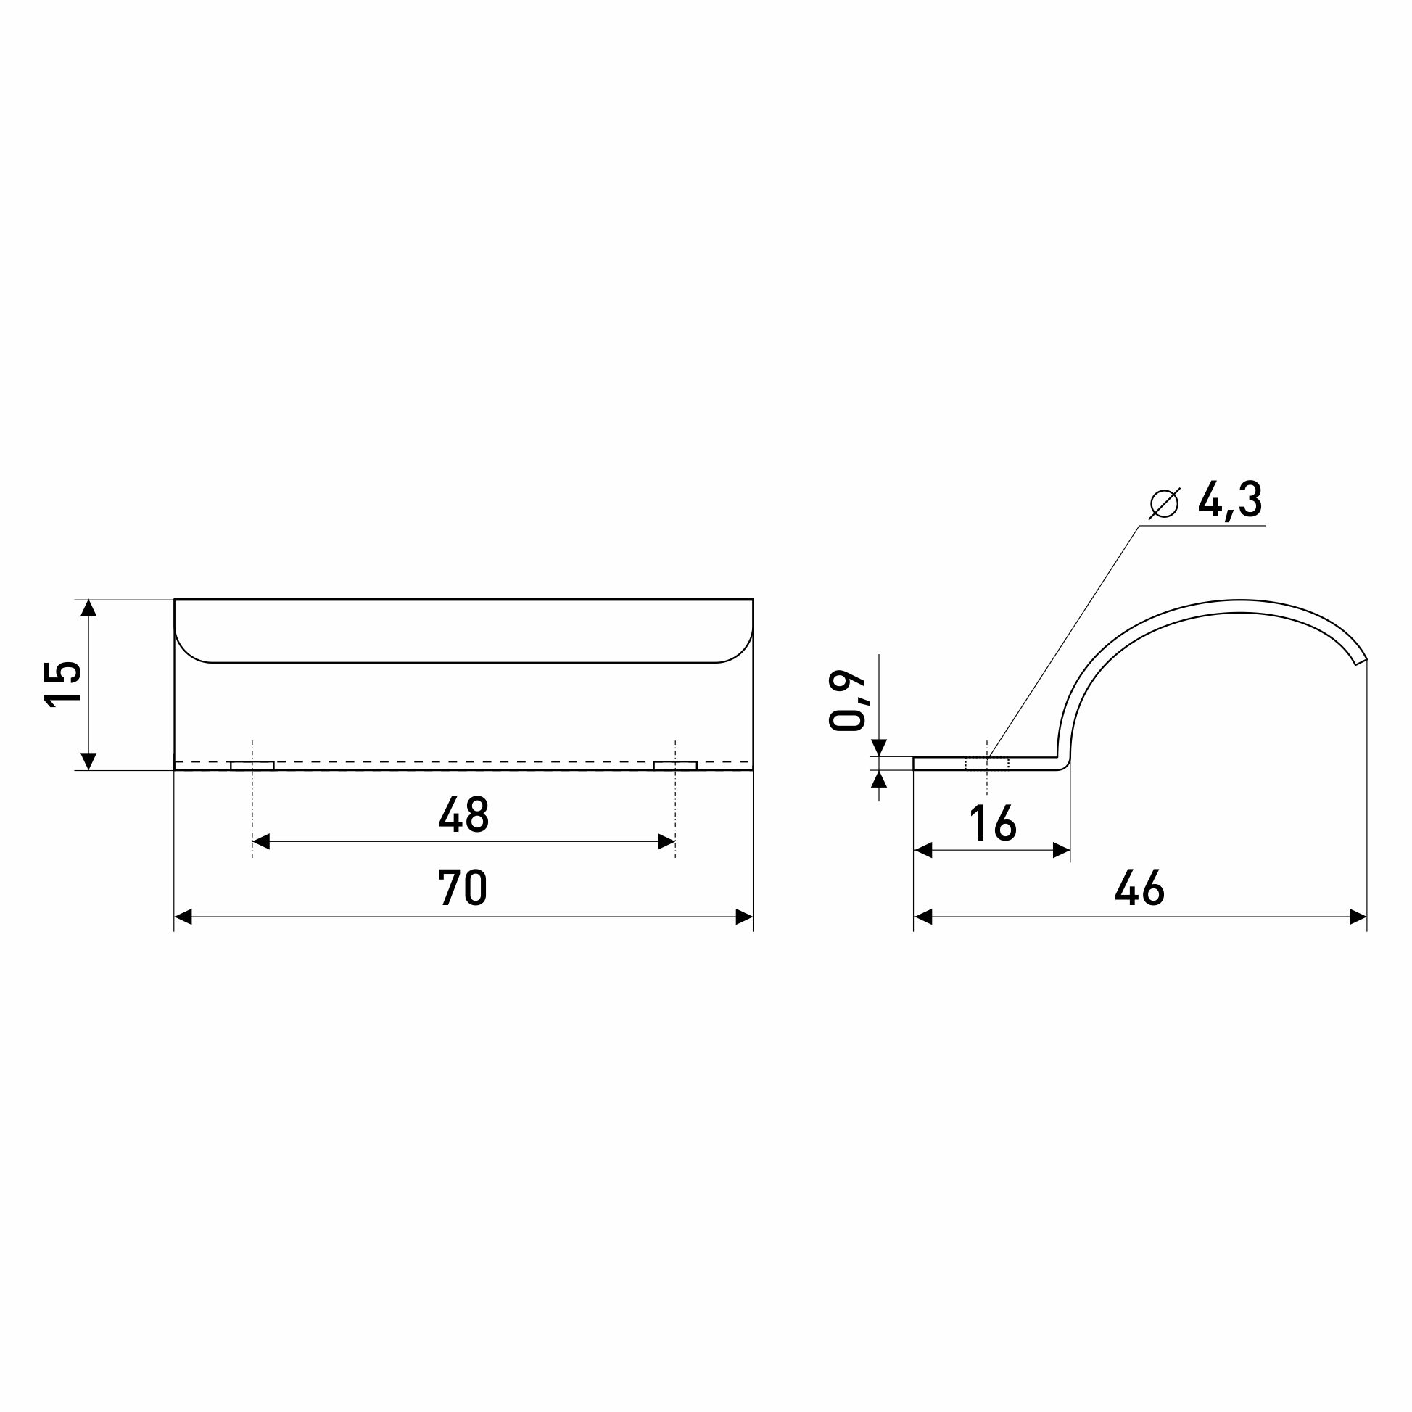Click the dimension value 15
click(x=63, y=682)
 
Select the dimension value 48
click(x=463, y=814)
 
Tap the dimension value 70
click(x=463, y=887)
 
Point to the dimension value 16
click(x=993, y=823)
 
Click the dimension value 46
click(x=1139, y=887)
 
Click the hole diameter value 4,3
click(x=1230, y=501)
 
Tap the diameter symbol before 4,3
click(x=1164, y=503)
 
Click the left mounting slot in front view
click(x=252, y=765)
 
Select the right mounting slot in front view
click(x=675, y=765)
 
